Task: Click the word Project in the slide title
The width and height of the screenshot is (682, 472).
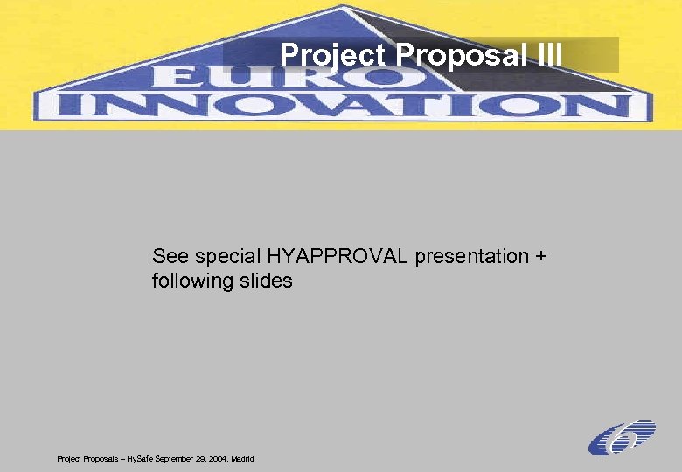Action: tap(333, 55)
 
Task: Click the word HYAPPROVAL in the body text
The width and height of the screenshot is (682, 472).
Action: tap(339, 257)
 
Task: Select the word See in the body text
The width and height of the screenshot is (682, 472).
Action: tap(170, 257)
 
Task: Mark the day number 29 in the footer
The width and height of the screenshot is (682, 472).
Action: tap(198, 458)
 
